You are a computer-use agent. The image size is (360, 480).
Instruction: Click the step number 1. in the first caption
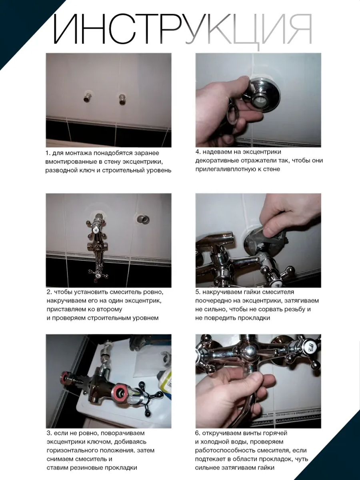coord(48,153)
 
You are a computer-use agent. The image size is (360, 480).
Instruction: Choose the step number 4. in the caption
coord(198,152)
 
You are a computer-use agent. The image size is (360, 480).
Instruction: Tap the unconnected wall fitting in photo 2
coord(143,219)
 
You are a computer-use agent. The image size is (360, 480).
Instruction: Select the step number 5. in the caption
coord(198,292)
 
